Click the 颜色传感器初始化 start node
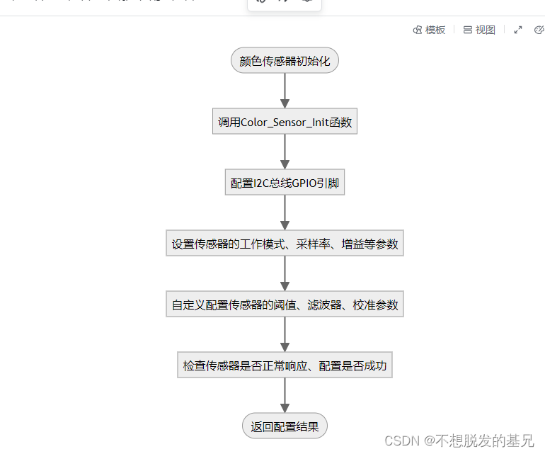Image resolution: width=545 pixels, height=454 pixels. coord(285,61)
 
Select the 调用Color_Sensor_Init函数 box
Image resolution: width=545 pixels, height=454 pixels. coord(285,122)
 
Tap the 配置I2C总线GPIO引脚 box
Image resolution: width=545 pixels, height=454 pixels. coord(285,183)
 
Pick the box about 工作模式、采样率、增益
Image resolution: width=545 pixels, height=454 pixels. coord(285,244)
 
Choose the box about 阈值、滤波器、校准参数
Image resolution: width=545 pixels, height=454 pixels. coord(285,305)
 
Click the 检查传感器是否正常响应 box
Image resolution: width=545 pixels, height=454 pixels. coord(285,366)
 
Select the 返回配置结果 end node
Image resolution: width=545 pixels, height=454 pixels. coord(285,426)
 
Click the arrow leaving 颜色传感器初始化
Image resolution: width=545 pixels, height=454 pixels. coord(285,91)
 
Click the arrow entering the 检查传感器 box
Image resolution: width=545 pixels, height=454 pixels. coord(285,335)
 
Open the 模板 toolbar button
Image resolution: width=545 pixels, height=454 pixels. coord(430,30)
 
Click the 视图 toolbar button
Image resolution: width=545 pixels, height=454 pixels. coord(479,30)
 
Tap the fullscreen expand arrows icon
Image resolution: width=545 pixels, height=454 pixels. coord(518,30)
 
